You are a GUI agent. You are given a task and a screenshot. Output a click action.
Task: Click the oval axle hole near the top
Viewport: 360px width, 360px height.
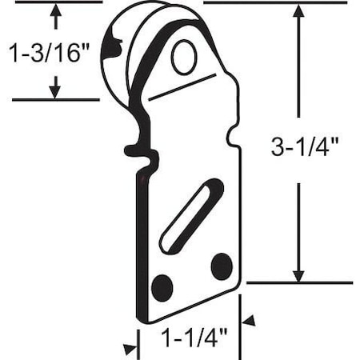pyautogui.click(x=184, y=58)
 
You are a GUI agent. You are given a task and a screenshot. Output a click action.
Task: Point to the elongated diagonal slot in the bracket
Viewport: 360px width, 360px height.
pyautogui.click(x=191, y=216)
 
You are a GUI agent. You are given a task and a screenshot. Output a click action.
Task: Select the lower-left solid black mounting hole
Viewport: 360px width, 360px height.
pyautogui.click(x=162, y=286)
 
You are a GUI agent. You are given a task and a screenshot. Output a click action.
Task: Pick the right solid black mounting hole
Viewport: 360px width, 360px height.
pyautogui.click(x=221, y=266)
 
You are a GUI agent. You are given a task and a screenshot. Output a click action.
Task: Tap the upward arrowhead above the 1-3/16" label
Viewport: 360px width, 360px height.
pyautogui.click(x=55, y=11)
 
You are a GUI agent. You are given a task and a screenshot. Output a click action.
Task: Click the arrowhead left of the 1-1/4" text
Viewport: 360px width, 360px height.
pyautogui.click(x=130, y=349)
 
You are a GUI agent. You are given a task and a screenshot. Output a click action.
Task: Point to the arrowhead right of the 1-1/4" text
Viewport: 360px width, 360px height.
pyautogui.click(x=249, y=321)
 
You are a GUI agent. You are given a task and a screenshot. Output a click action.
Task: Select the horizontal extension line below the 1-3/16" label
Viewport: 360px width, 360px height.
pyautogui.click(x=56, y=100)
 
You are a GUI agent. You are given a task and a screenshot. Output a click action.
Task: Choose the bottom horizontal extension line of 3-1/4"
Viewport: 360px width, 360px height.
pyautogui.click(x=299, y=282)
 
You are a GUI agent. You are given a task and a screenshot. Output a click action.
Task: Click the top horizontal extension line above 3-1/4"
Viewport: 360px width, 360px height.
pyautogui.click(x=272, y=2)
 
